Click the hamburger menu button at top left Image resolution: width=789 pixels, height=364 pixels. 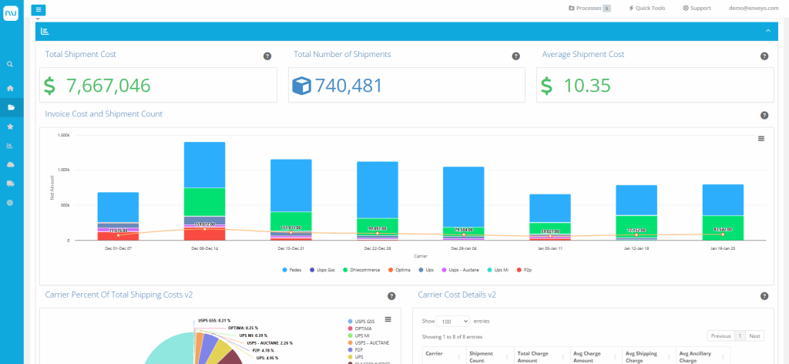coord(39,9)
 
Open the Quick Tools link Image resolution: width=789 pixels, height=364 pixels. coord(646,8)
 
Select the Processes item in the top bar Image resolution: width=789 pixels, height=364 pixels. coord(589,8)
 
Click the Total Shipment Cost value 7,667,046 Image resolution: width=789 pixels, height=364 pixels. coord(108,86)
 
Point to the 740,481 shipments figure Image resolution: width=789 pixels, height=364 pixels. coord(348,86)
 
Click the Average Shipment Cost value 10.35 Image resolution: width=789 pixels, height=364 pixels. coord(586,86)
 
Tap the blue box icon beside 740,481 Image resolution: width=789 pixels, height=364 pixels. coord(300,86)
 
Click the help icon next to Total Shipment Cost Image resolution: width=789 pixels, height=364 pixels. coord(267,56)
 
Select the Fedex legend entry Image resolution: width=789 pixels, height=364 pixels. coord(293,269)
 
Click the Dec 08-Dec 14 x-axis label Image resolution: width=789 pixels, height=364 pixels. coord(203,248)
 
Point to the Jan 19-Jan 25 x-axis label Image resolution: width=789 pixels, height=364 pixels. coord(722,248)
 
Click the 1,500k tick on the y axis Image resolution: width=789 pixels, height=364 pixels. coord(64,134)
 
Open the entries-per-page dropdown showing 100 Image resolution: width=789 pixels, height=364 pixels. coord(455,321)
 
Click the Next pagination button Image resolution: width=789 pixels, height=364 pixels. coord(755,336)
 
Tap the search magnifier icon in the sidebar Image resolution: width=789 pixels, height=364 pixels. coord(10,64)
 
